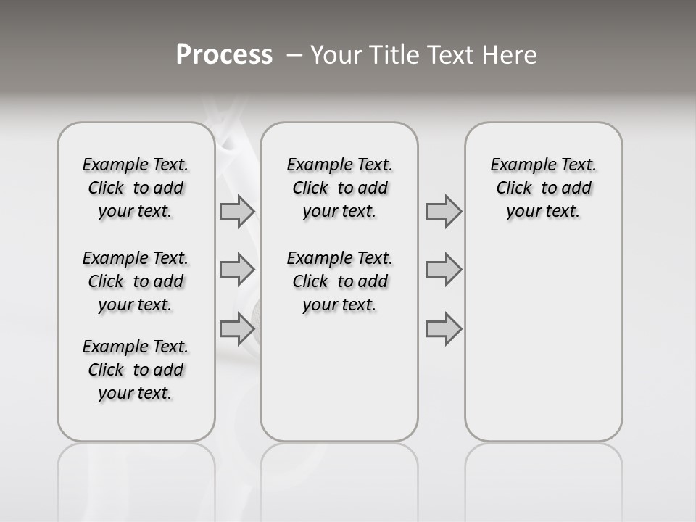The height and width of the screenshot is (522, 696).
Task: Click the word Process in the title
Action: pos(224,54)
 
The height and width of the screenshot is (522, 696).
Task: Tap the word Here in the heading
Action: pos(510,55)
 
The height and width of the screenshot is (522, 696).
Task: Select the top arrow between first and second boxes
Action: pos(236,211)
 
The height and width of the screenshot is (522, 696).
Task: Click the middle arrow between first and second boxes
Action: pos(236,270)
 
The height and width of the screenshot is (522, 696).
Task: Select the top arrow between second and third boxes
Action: pos(444,211)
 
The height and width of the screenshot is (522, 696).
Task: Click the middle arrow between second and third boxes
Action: pos(444,270)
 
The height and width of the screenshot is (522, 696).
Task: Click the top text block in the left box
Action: pos(136,188)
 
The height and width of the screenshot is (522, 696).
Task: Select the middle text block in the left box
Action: pos(136,281)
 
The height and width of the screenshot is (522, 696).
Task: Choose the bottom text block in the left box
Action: pos(136,370)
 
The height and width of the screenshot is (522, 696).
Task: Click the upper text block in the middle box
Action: pos(339,188)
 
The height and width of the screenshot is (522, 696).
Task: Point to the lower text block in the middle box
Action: pos(339,281)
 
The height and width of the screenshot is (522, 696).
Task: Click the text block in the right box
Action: pos(543,188)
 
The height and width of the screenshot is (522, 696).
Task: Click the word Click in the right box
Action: pos(514,188)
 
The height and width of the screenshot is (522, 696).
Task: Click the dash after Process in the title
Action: pos(294,55)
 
